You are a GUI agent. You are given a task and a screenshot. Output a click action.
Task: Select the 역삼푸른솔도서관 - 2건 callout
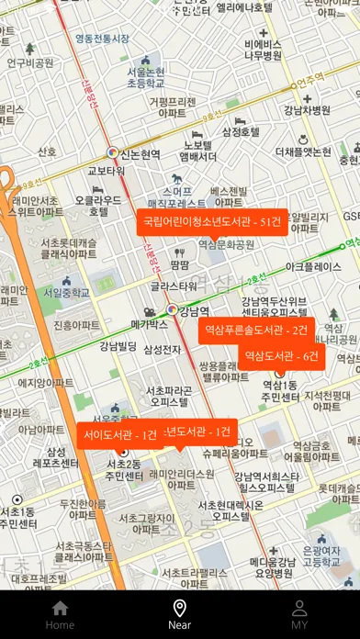(256, 330)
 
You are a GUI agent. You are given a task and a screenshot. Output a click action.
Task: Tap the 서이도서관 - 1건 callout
(118, 435)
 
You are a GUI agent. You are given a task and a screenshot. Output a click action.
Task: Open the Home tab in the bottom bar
(60, 614)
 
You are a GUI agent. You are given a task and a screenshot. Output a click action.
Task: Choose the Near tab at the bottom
(180, 614)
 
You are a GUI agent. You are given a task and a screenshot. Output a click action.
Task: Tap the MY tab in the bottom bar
(299, 614)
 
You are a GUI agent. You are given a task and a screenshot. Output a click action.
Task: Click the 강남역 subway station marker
(172, 310)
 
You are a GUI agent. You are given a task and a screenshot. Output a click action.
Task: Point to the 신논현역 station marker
(112, 153)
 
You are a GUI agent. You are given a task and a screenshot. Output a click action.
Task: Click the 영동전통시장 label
(102, 39)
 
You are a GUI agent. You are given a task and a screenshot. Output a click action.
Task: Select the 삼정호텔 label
(242, 131)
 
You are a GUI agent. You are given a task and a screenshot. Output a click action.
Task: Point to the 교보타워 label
(107, 171)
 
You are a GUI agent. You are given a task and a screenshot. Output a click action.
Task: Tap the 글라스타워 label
(174, 286)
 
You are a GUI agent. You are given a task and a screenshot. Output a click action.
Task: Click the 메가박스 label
(149, 324)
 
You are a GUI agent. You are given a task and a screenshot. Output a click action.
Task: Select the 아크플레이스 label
(314, 267)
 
